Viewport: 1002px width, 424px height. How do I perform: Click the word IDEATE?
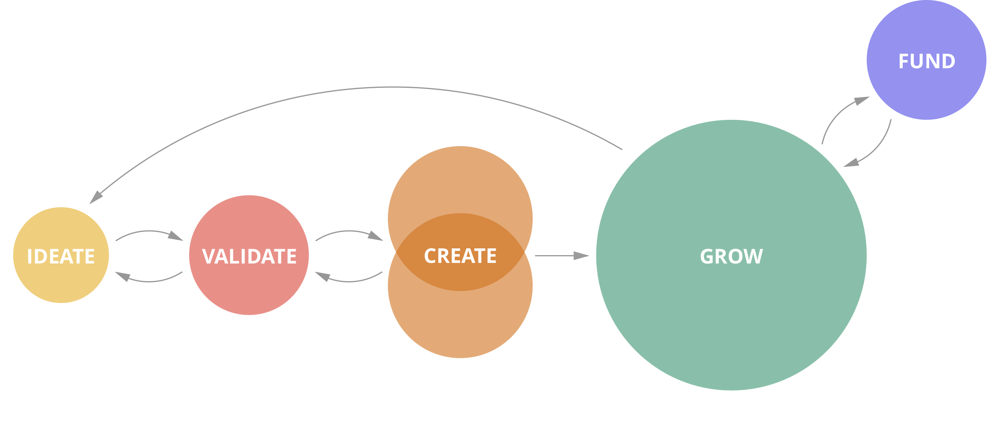61,256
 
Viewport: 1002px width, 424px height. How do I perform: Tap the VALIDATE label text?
249,256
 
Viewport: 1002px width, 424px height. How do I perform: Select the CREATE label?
460,256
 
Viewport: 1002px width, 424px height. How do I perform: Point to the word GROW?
731,256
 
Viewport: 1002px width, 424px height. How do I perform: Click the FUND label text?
927,61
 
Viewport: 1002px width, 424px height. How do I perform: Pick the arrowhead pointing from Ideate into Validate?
176,236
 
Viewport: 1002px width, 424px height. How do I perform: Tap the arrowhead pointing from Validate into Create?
376,236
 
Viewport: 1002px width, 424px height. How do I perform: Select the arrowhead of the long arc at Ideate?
96,198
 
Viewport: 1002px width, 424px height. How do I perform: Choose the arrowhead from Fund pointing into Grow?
851,163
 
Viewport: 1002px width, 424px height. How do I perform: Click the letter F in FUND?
903,61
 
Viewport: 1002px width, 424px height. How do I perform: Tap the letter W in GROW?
753,256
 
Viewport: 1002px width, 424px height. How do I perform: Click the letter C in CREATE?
430,256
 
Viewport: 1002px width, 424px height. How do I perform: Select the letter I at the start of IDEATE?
30,256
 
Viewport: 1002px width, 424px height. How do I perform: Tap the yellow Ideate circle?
61,283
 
